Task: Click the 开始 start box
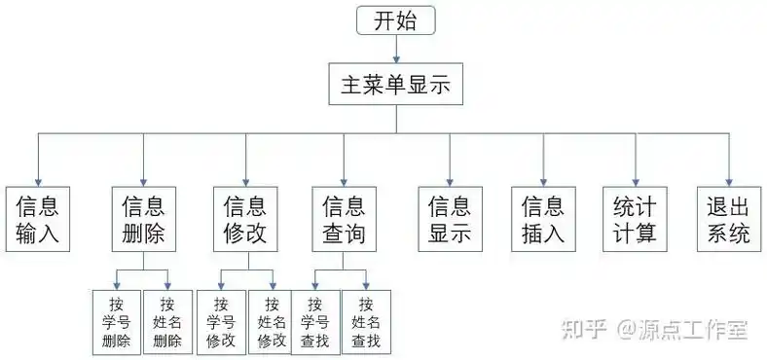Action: (x=395, y=20)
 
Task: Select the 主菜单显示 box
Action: (x=395, y=85)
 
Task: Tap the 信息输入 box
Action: (x=38, y=220)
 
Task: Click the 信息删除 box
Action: (x=143, y=220)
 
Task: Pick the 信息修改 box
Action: (x=245, y=220)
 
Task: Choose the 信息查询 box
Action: (x=344, y=220)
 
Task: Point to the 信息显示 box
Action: (x=450, y=220)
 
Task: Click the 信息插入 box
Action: (x=543, y=220)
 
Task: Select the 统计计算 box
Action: (x=635, y=220)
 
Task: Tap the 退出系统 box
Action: (x=728, y=220)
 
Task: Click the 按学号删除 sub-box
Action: (x=116, y=322)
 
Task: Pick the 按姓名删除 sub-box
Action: (x=167, y=322)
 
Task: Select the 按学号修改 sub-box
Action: (x=220, y=322)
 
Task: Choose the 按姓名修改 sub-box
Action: (x=272, y=322)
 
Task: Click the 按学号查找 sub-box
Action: (x=314, y=322)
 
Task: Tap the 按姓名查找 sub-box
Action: (x=366, y=322)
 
